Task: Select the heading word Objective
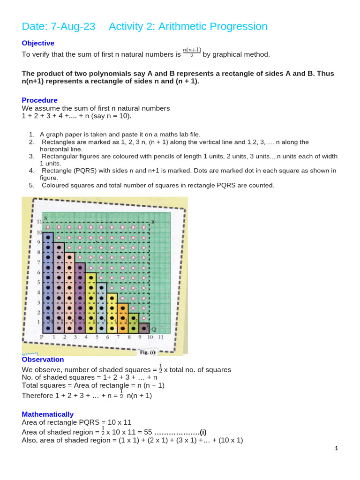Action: click(x=38, y=43)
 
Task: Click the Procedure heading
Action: click(x=40, y=100)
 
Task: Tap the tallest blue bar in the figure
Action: click(x=48, y=281)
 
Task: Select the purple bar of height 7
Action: click(x=80, y=298)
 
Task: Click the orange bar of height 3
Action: click(x=123, y=318)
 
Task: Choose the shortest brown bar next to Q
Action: click(x=144, y=328)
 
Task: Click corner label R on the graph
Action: click(x=153, y=222)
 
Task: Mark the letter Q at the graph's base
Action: click(x=153, y=330)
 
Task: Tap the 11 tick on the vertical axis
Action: click(x=39, y=222)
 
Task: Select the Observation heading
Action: click(x=43, y=360)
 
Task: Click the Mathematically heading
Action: click(x=47, y=414)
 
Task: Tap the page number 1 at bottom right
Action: click(x=336, y=449)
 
